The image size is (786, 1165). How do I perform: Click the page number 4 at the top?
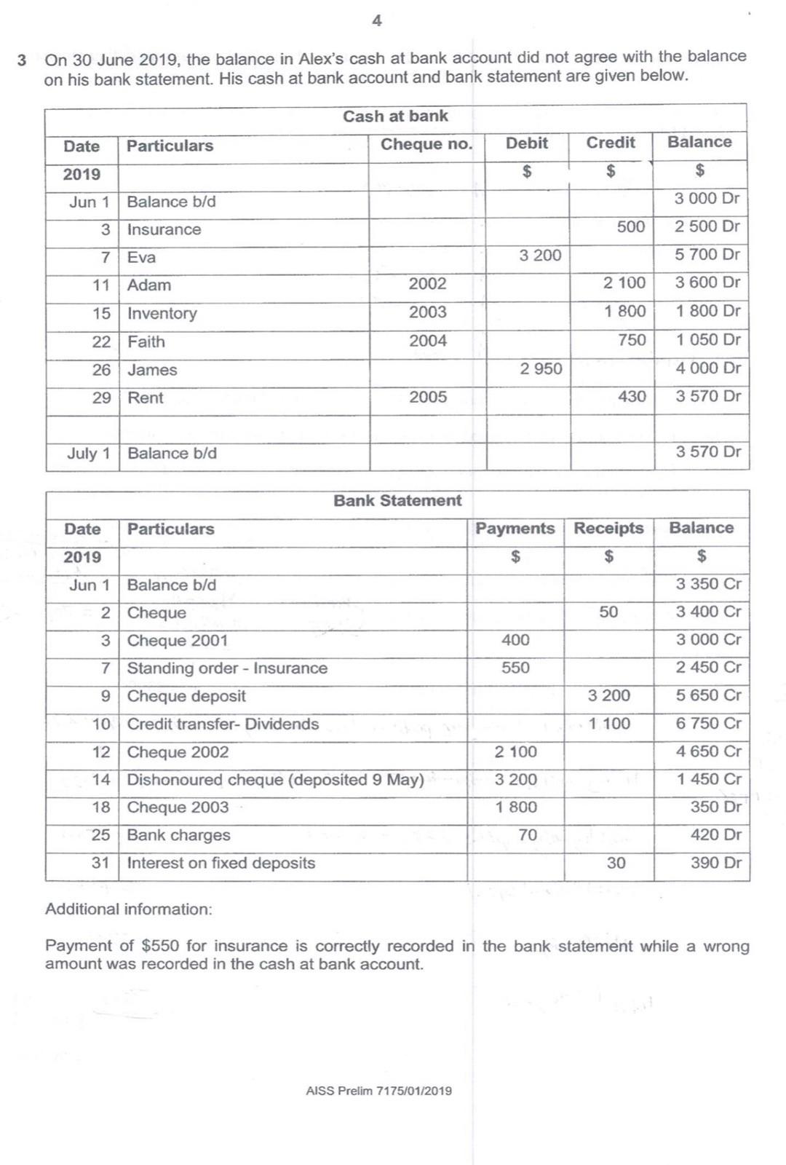[x=376, y=21]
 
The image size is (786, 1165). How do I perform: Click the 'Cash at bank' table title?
[x=395, y=116]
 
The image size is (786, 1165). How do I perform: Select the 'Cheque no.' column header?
[x=426, y=144]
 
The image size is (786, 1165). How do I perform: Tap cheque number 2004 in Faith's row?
[x=427, y=341]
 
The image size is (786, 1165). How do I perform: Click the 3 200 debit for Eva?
[x=540, y=256]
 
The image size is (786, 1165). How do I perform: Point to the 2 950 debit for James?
[x=541, y=369]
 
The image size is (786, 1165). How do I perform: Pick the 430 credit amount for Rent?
[x=632, y=397]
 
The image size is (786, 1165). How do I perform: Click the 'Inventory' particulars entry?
[x=162, y=314]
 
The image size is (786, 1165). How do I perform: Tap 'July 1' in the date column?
[x=88, y=454]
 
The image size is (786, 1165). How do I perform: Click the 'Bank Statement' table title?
[x=397, y=501]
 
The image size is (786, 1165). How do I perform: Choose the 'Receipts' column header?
[x=608, y=529]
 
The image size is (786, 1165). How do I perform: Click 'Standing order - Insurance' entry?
[x=227, y=668]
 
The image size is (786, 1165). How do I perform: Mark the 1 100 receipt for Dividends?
[x=609, y=724]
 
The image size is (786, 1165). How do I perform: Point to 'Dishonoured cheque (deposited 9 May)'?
[x=275, y=780]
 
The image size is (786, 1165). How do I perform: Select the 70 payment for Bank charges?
[x=528, y=835]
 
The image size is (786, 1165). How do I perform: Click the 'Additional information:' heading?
[x=129, y=909]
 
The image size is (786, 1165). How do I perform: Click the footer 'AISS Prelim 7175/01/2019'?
[x=378, y=1091]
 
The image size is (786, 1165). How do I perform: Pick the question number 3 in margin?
[x=23, y=60]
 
